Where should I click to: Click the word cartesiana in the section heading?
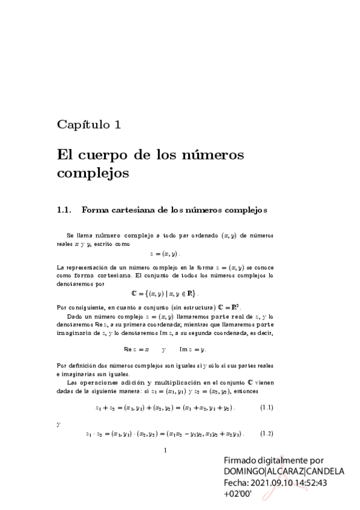pyautogui.click(x=133, y=210)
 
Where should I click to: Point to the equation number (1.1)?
pyautogui.click(x=266, y=408)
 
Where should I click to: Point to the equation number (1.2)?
pyautogui.click(x=266, y=434)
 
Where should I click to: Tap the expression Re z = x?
pyautogui.click(x=136, y=349)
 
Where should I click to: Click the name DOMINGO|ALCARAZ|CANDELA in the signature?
pyautogui.click(x=284, y=471)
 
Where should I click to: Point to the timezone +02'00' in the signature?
pyautogui.click(x=237, y=494)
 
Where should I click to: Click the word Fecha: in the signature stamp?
pyautogui.click(x=236, y=482)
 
